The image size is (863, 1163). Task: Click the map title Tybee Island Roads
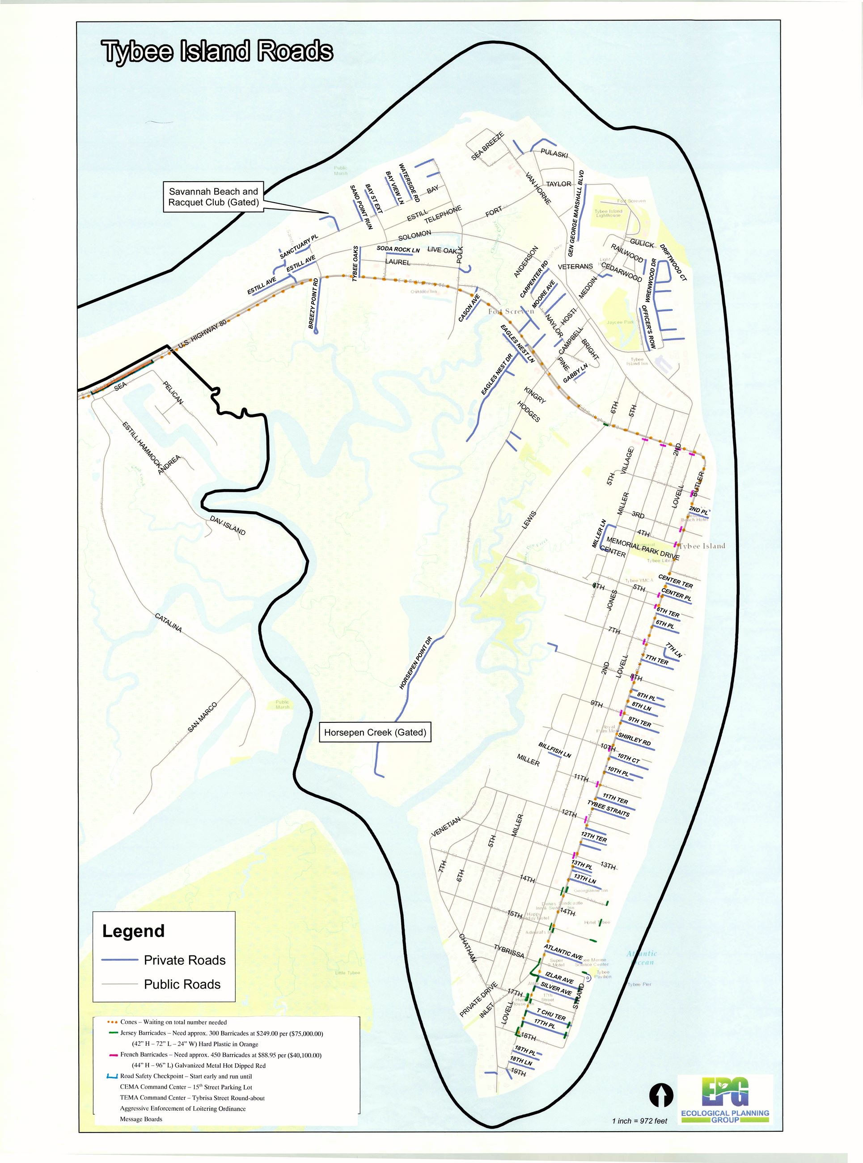(217, 52)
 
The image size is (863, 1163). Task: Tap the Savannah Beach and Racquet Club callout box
(213, 197)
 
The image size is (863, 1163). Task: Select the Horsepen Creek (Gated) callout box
(375, 733)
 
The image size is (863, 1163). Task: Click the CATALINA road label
(168, 623)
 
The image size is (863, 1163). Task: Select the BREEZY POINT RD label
(313, 303)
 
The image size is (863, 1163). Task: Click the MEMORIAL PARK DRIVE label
(643, 549)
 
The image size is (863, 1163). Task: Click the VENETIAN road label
(446, 827)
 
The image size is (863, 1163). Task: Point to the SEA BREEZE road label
(487, 146)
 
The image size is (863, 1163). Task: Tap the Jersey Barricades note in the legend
(221, 1033)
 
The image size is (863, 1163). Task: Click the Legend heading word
(133, 931)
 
